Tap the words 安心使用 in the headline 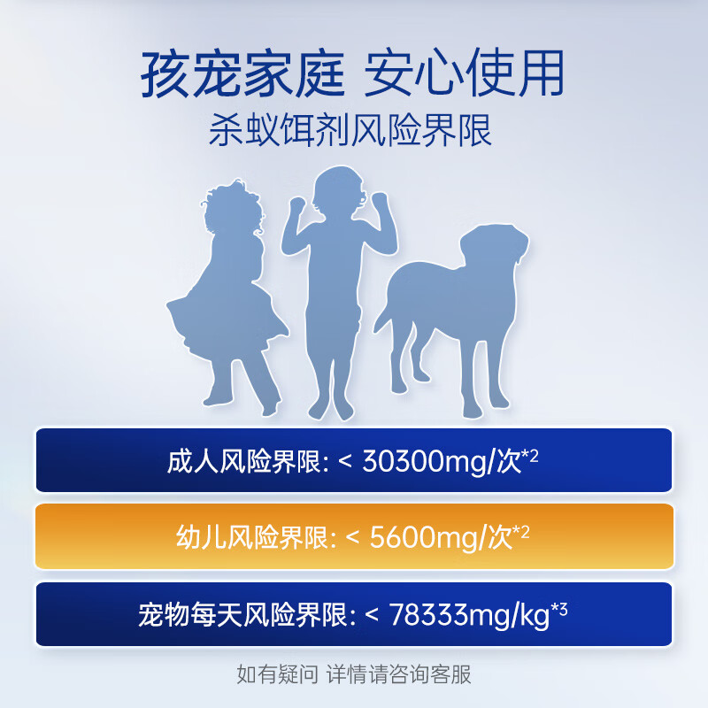point(465,74)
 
